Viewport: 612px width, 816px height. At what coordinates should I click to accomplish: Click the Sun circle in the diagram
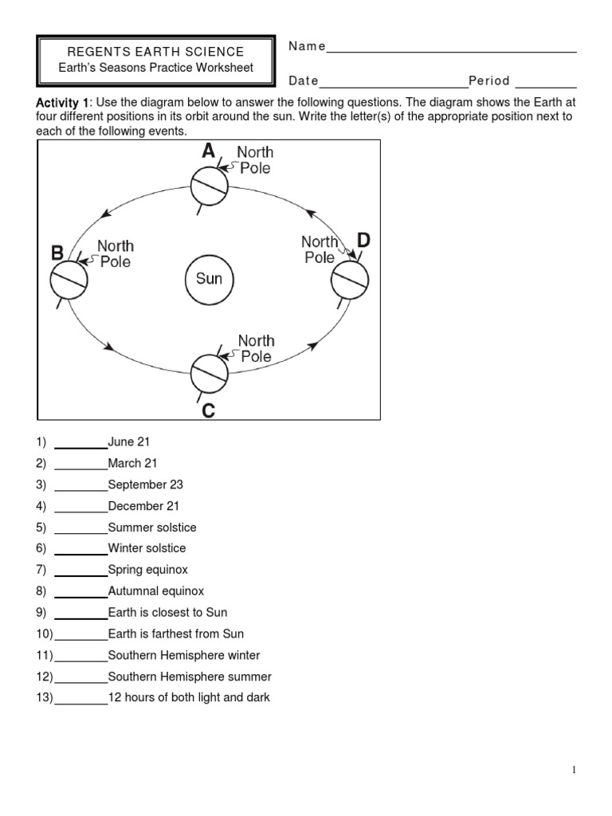point(209,279)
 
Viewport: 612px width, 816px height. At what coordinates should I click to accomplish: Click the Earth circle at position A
point(209,186)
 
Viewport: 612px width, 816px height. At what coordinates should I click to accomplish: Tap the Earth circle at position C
point(210,372)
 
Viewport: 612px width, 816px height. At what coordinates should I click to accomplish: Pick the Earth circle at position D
point(350,278)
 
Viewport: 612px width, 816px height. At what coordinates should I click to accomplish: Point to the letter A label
point(208,151)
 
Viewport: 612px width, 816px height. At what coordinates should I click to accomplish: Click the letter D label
point(363,240)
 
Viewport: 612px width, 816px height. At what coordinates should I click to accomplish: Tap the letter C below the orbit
point(208,411)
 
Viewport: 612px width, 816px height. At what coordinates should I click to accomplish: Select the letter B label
point(57,253)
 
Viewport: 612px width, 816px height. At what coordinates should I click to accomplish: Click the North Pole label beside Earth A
point(255,160)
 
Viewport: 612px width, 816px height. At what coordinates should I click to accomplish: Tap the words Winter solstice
point(147,548)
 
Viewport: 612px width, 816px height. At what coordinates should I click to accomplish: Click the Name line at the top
point(451,49)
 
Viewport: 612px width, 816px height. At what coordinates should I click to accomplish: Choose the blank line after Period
point(547,84)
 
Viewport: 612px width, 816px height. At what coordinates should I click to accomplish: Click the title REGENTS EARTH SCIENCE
point(155,52)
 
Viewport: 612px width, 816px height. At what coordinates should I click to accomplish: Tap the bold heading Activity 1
point(64,103)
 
